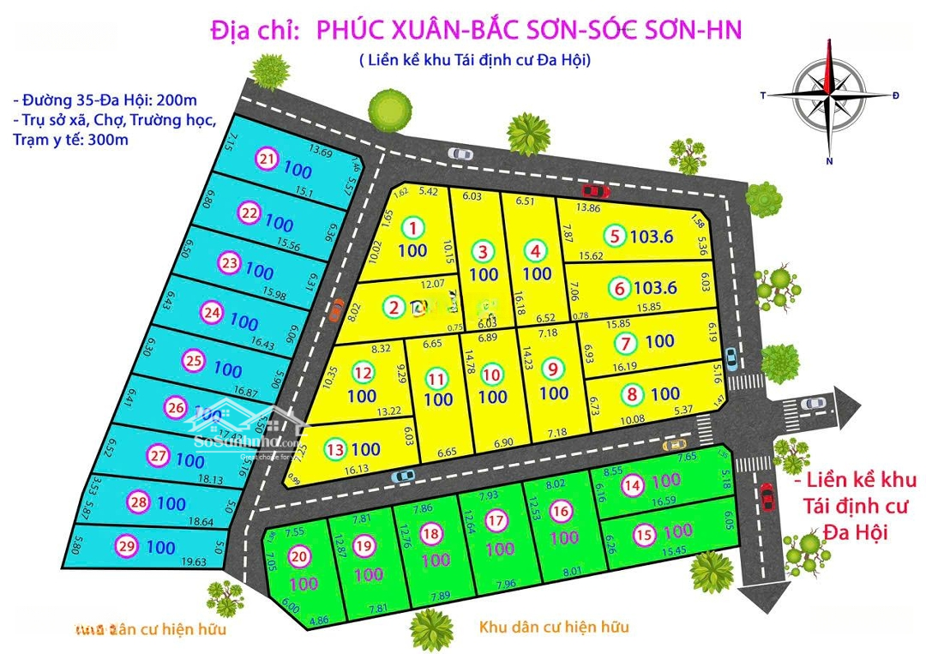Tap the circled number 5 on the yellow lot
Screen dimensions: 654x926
614,236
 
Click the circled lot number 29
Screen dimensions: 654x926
125,546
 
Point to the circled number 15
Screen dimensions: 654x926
644,533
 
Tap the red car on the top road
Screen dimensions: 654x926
594,190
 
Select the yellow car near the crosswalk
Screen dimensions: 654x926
675,444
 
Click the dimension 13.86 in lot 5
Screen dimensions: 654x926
588,208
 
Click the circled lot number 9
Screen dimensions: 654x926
554,369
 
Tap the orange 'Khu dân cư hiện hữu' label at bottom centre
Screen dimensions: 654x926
552,627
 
